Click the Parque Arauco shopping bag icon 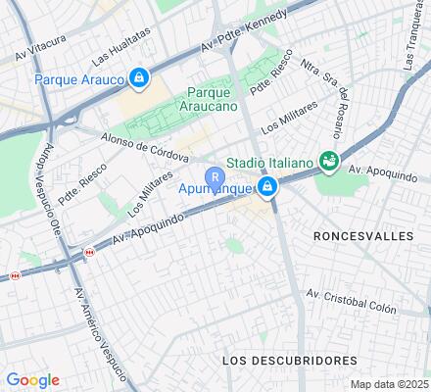point(140,77)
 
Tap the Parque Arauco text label point(81,78)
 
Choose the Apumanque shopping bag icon point(267,186)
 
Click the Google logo point(32,380)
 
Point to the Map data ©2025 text point(390,384)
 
